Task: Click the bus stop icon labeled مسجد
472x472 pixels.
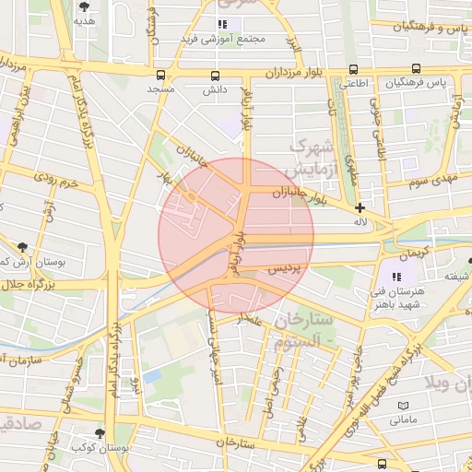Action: (x=161, y=76)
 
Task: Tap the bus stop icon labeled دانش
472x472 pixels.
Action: (x=215, y=76)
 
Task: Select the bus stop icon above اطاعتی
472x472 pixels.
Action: (x=354, y=69)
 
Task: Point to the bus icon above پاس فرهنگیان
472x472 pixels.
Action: (x=417, y=69)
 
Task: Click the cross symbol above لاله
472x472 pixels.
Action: (x=360, y=207)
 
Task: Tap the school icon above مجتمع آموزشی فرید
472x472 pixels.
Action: (x=221, y=24)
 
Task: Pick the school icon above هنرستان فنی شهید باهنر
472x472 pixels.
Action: (x=397, y=277)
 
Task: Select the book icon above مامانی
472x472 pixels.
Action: (x=402, y=406)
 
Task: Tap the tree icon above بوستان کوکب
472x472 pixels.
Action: (x=100, y=432)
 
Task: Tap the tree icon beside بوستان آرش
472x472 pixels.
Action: (x=19, y=247)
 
